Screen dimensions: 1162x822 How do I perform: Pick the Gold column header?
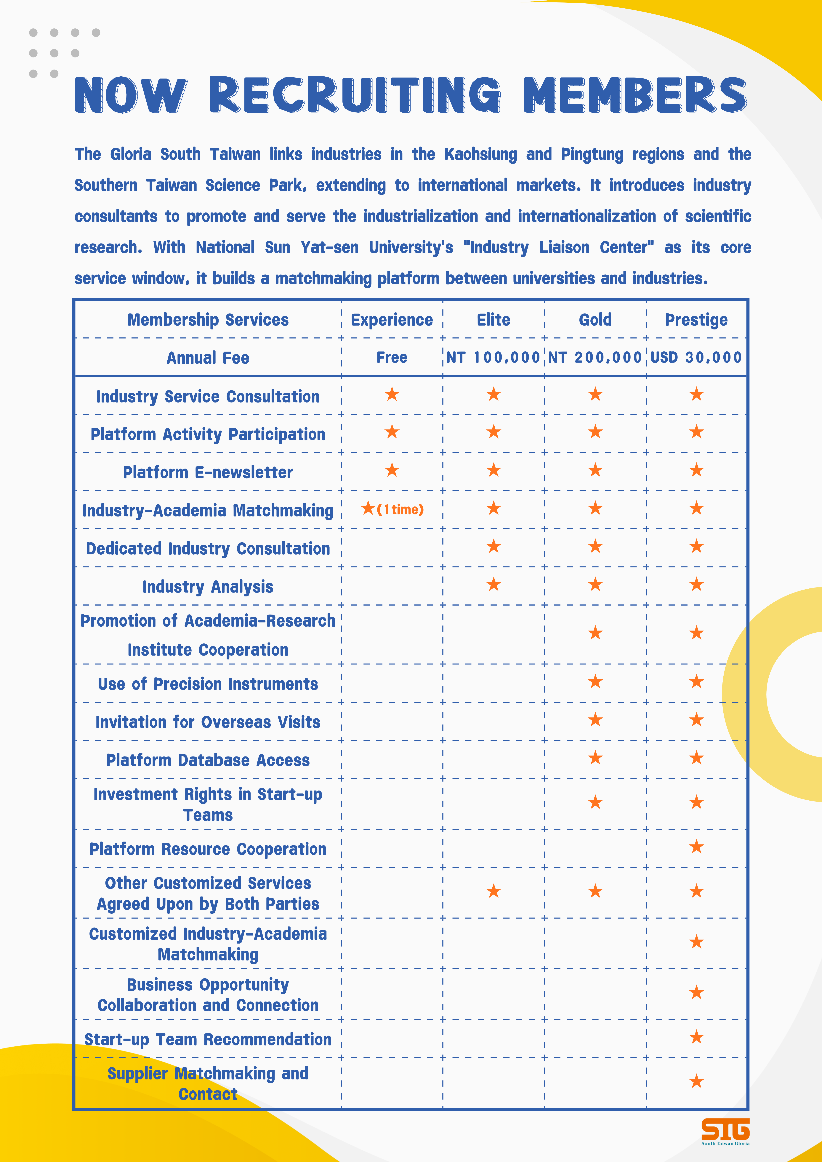click(x=595, y=320)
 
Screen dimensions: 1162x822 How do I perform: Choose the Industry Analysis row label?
click(x=208, y=587)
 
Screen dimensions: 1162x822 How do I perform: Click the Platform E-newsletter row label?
click(x=208, y=472)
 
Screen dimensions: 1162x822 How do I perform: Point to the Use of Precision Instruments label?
click(x=208, y=684)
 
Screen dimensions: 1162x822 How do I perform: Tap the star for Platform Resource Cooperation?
click(x=696, y=847)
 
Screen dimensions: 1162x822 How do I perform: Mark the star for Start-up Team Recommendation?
click(x=696, y=1037)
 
